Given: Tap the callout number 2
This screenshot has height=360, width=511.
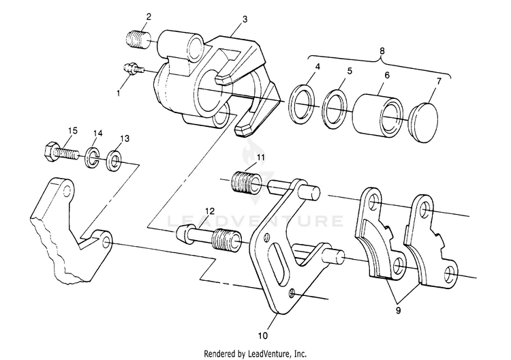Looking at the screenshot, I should point(149,15).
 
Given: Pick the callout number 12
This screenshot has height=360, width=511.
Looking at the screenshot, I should point(212,212).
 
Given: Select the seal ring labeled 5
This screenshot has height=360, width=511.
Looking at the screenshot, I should point(336,108).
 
